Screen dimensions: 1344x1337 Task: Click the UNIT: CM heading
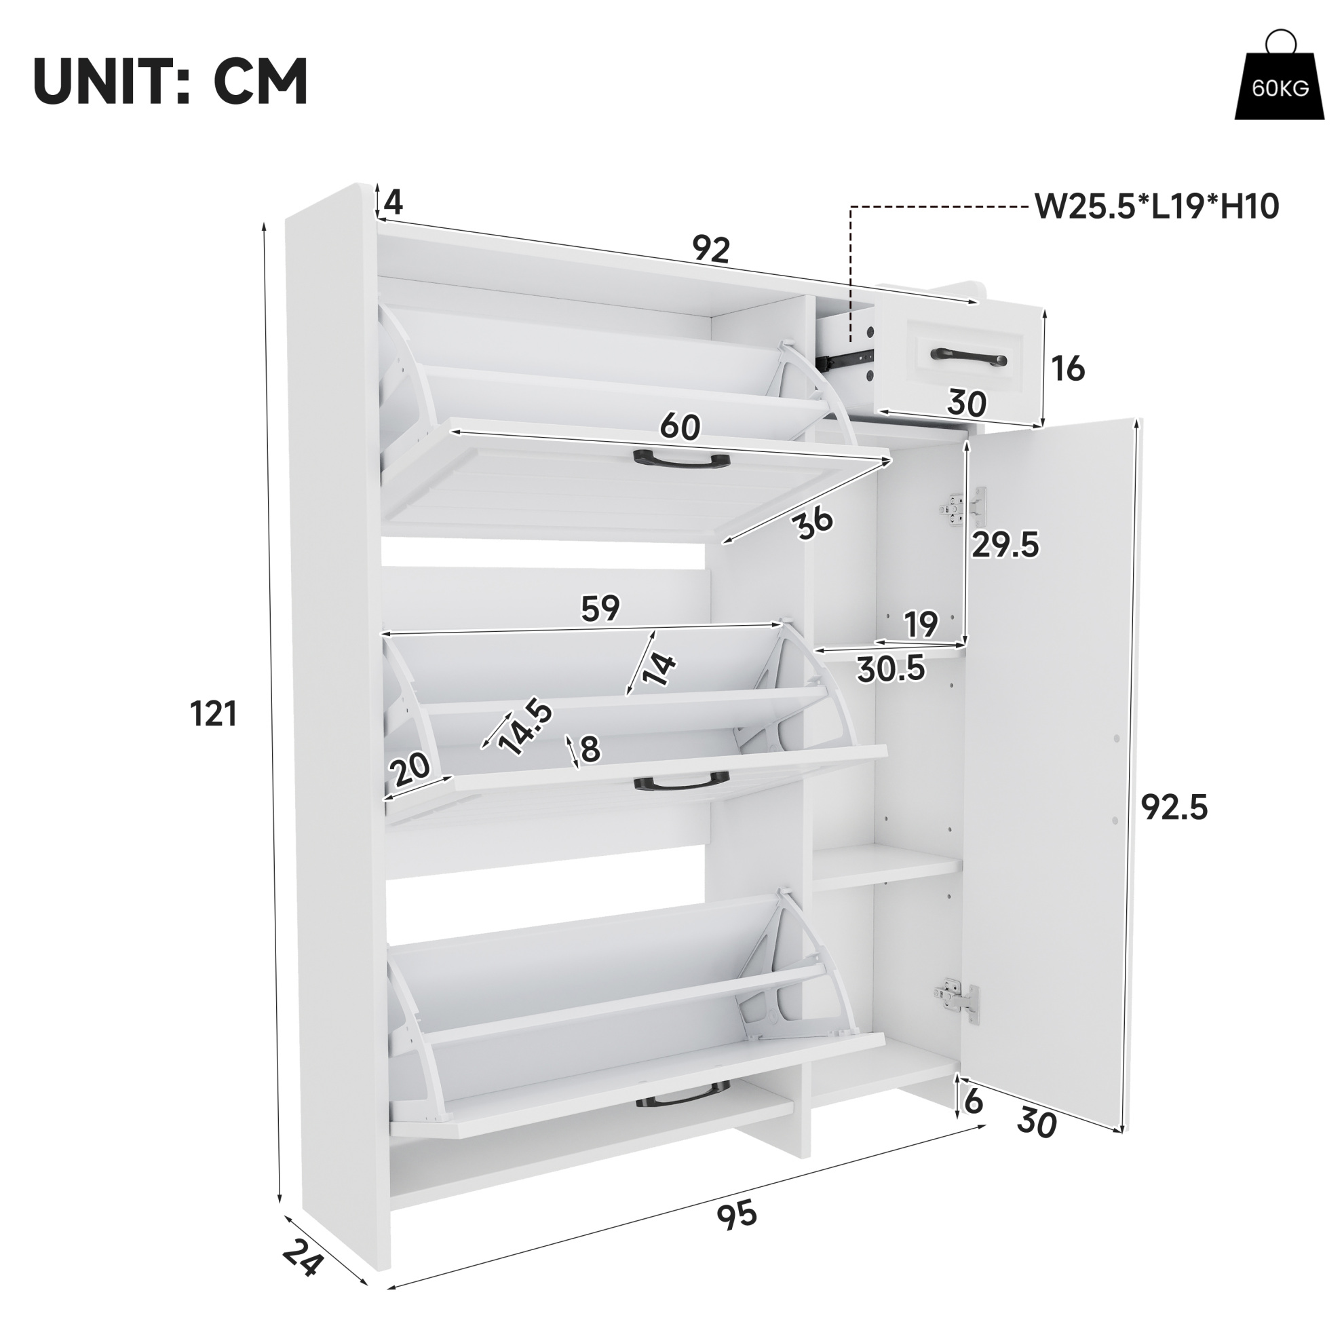[171, 81]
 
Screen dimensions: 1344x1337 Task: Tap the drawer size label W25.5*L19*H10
[1157, 207]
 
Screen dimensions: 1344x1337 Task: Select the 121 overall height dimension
[214, 714]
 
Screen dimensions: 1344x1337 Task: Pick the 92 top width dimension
[711, 248]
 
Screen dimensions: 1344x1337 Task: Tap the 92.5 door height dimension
[1174, 808]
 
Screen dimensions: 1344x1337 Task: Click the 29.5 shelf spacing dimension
[1005, 544]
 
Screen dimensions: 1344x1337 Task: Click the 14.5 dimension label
[526, 728]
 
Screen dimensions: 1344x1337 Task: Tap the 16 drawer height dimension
[1068, 369]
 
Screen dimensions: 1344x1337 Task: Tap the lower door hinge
[957, 1004]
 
